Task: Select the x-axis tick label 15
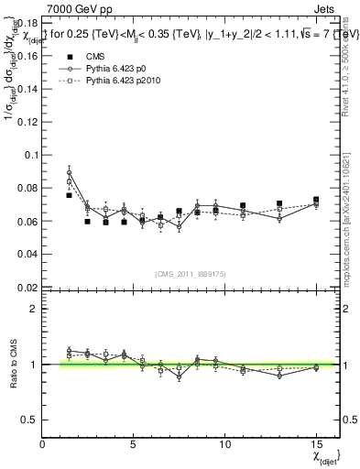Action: [315, 445]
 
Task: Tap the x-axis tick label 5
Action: [134, 445]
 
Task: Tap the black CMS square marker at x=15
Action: [316, 200]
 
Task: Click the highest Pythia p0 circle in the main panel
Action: [70, 172]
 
